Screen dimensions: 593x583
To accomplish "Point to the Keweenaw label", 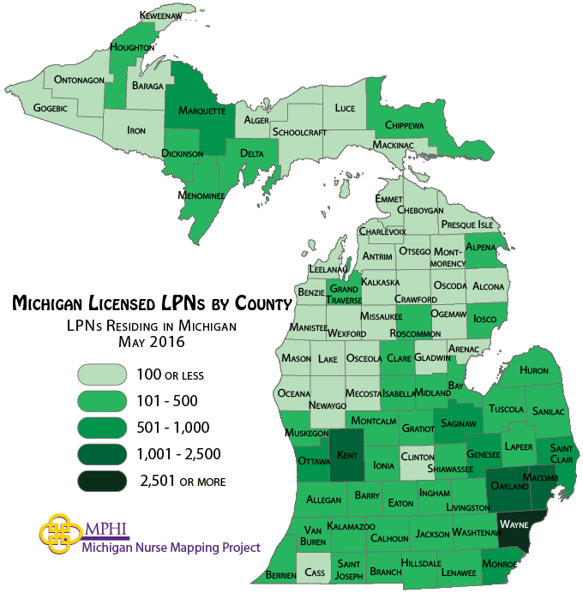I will pos(164,15).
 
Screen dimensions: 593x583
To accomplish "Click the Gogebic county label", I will pos(49,109).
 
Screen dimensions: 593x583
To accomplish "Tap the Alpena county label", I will pos(482,248).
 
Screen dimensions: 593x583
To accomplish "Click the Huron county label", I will pos(533,370).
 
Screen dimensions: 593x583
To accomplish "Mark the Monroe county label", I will pos(499,564).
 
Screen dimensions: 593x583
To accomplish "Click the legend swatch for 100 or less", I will pos(102,374).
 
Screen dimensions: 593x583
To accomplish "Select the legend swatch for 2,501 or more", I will pos(102,481).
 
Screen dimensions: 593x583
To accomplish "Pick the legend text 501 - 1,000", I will pos(173,427).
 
